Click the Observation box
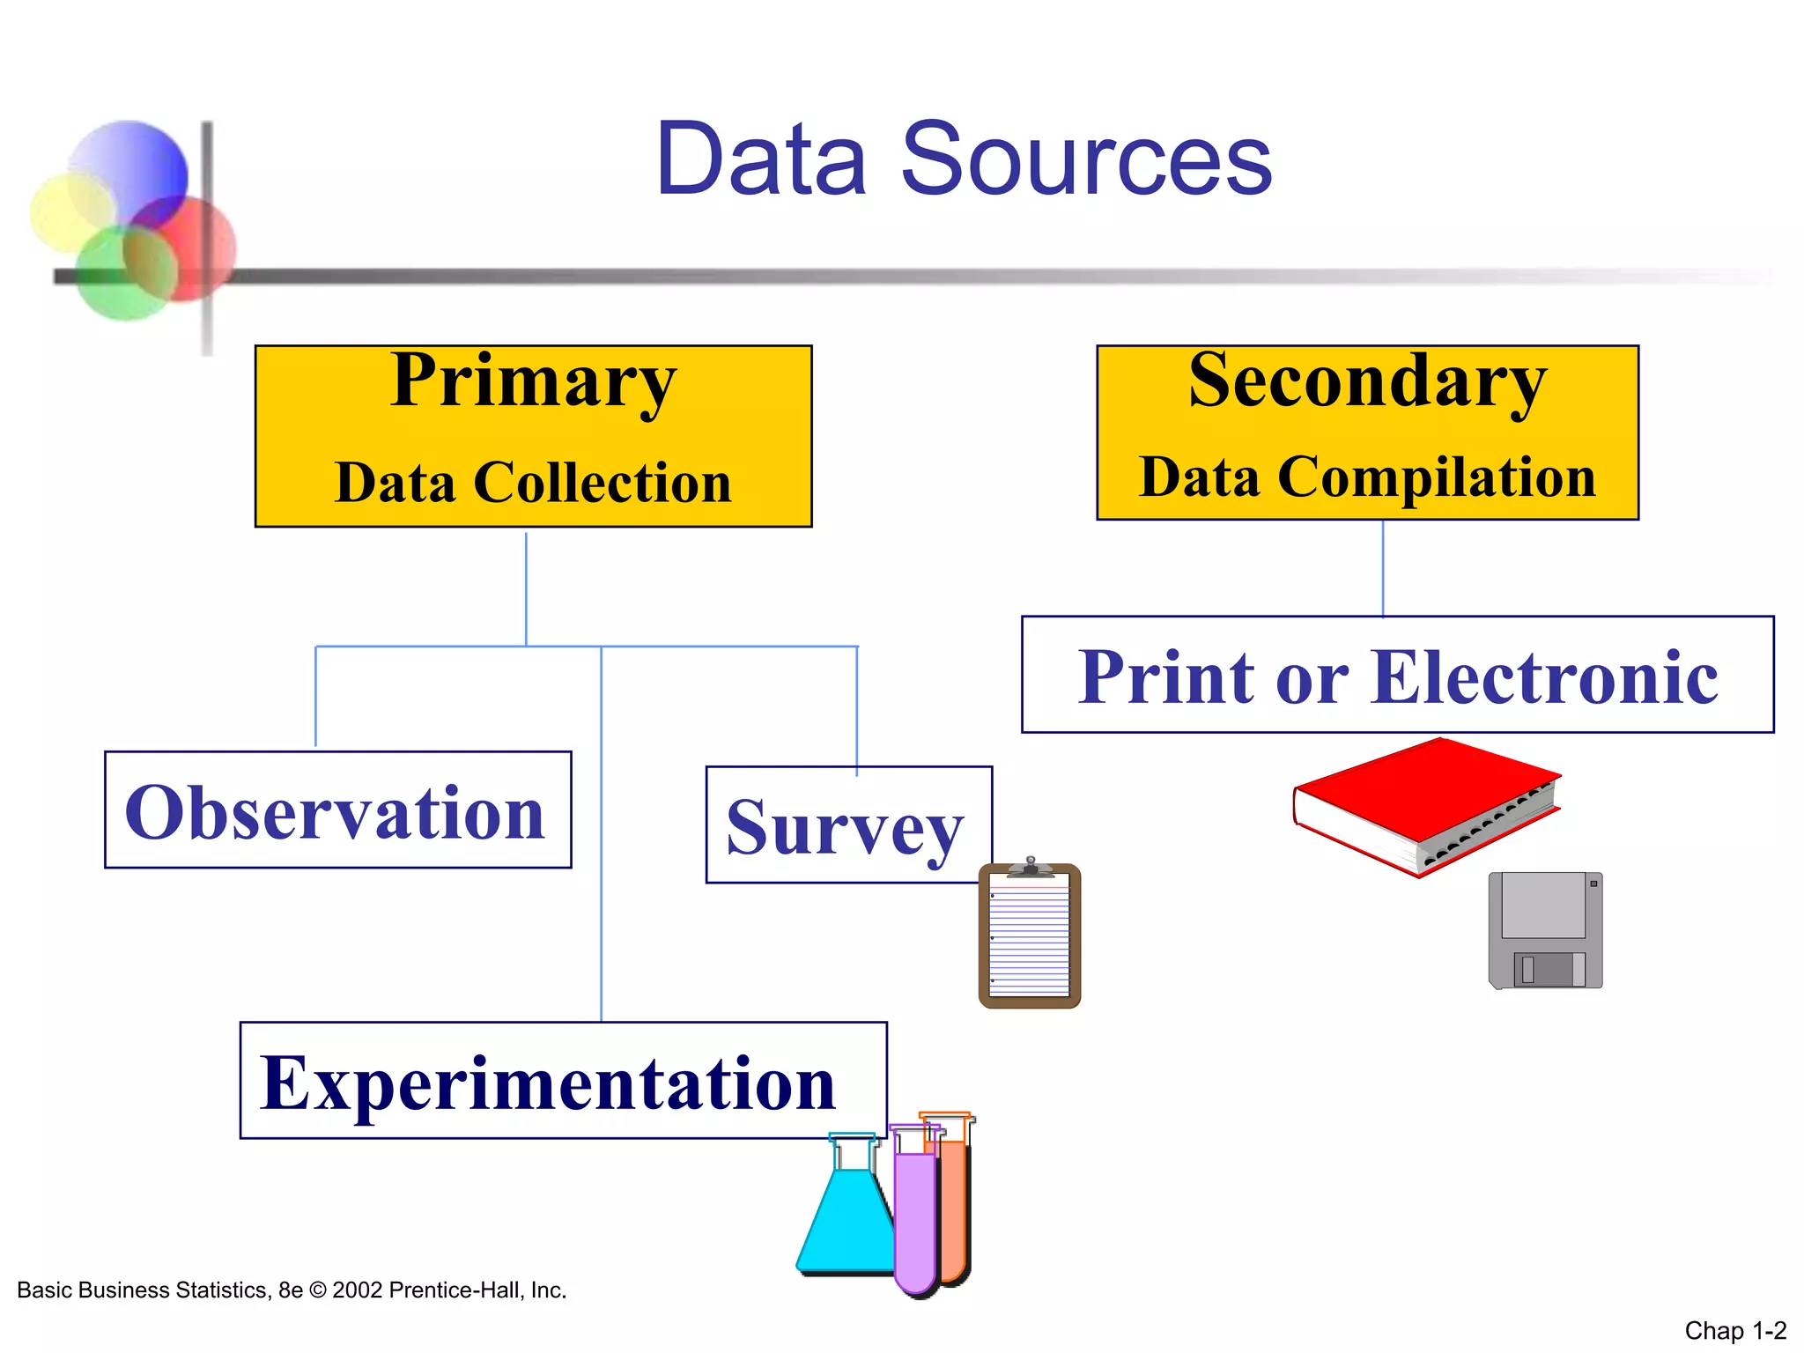tap(337, 810)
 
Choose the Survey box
tap(847, 825)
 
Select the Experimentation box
tap(562, 1081)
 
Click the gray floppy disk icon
tap(1544, 930)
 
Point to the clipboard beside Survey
tap(1029, 937)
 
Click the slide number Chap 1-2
tap(1734, 1330)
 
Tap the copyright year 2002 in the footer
tap(357, 1290)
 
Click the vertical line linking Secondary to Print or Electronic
tap(1383, 568)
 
